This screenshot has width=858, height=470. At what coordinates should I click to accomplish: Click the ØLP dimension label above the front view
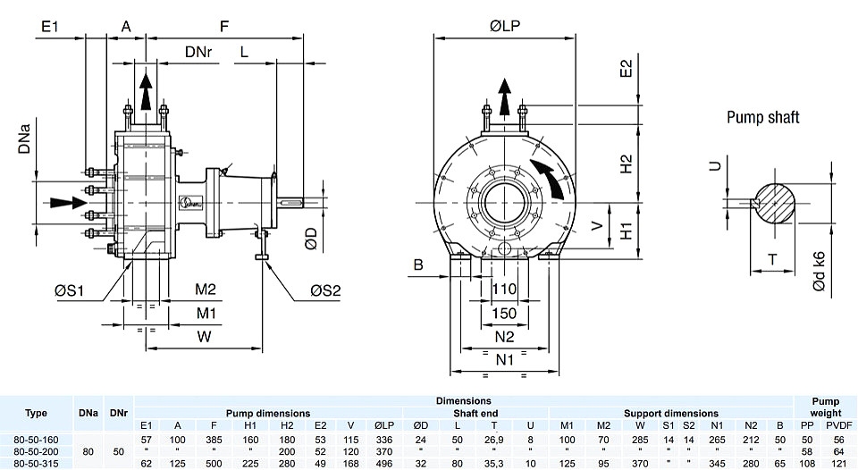(504, 26)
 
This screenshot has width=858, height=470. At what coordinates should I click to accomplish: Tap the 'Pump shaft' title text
(762, 117)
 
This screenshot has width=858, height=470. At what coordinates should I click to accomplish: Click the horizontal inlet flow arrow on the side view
(69, 203)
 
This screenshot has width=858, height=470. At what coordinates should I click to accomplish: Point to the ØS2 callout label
(325, 290)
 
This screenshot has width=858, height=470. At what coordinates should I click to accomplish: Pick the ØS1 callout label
(70, 290)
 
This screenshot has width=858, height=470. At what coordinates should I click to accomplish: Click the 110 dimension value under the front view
(504, 289)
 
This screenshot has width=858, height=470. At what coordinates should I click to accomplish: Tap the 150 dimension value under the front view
(504, 313)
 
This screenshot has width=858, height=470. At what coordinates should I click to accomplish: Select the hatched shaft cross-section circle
(775, 203)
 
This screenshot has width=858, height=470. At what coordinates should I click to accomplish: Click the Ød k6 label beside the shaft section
(819, 272)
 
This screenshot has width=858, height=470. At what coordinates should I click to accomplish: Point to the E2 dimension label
(626, 69)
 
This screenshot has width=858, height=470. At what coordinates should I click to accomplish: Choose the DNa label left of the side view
(24, 138)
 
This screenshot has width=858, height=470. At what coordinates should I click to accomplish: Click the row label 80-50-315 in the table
(36, 464)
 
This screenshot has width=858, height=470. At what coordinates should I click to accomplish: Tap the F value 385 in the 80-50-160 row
(214, 440)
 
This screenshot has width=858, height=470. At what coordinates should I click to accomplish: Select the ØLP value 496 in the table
(384, 464)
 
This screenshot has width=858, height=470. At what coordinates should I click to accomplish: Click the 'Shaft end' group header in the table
(475, 413)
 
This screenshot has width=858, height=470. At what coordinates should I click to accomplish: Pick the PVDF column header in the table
(839, 425)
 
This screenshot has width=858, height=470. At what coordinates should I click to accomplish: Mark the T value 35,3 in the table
(493, 464)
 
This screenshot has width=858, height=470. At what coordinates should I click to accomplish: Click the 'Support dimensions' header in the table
(671, 413)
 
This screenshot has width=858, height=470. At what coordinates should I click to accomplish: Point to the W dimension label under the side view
(204, 336)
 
